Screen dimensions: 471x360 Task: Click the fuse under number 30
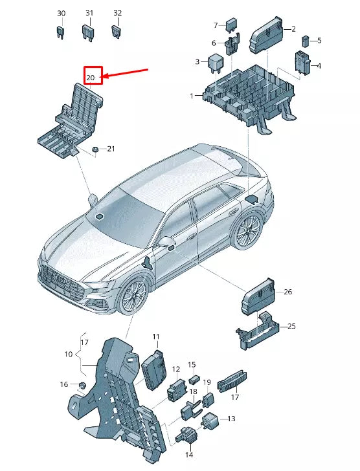click(x=61, y=32)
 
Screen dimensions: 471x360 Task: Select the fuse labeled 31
click(x=89, y=31)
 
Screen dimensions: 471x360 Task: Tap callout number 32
click(x=117, y=13)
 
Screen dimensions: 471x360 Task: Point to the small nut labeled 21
click(x=95, y=149)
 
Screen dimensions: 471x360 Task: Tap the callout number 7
click(x=216, y=25)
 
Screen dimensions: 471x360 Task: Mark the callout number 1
click(x=192, y=96)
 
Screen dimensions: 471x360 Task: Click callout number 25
click(x=291, y=326)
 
